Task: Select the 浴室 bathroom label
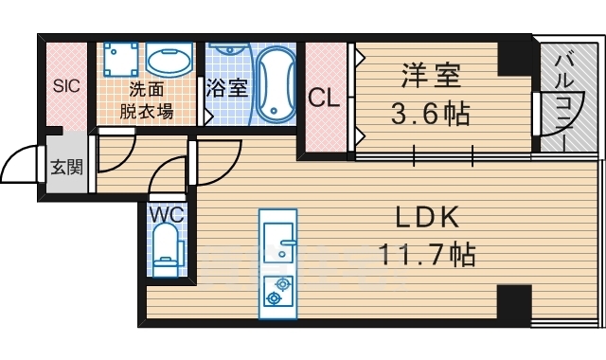pos(226,88)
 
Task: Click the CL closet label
pos(324,96)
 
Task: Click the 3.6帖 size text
pos(431,117)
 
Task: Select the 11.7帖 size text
pos(427,254)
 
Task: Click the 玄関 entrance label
pos(66,168)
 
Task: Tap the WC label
pos(166,213)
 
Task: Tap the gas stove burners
pos(277,289)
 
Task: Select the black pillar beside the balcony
pos(516,56)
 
